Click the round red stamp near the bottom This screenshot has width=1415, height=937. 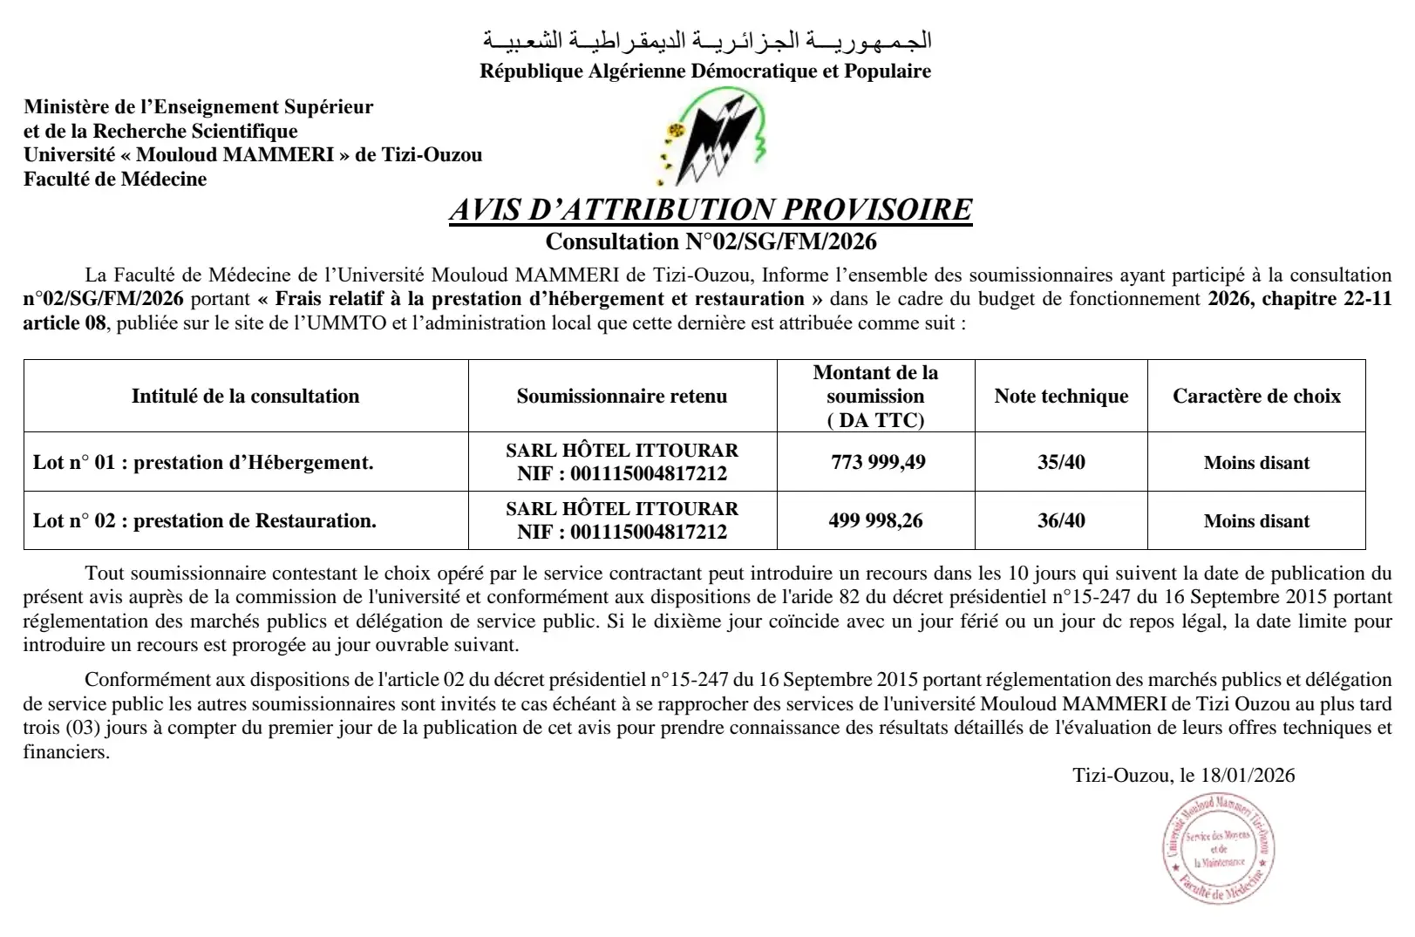coord(1219,849)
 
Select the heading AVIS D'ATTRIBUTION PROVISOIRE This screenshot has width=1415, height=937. coord(711,210)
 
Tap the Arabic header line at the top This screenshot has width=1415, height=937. coord(707,40)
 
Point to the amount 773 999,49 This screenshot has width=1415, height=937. coord(878,462)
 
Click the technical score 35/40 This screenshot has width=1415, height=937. coord(1061,462)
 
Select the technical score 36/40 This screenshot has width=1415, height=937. coord(1061,520)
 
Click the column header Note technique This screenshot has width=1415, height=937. coord(1061,396)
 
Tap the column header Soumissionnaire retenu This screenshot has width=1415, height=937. coord(622,396)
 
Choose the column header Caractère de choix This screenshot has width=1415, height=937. coord(1256,396)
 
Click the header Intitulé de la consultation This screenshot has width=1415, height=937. coord(245,396)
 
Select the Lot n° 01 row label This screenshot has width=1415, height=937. coord(203,462)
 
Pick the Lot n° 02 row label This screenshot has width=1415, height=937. coord(205,520)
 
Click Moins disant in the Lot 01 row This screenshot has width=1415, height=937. coord(1256,463)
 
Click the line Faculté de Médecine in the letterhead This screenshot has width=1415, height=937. coord(115,179)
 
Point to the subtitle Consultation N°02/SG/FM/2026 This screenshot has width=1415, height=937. coord(711,241)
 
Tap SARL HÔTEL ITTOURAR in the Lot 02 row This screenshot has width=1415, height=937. coord(622,508)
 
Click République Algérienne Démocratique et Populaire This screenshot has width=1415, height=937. coord(704,71)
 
